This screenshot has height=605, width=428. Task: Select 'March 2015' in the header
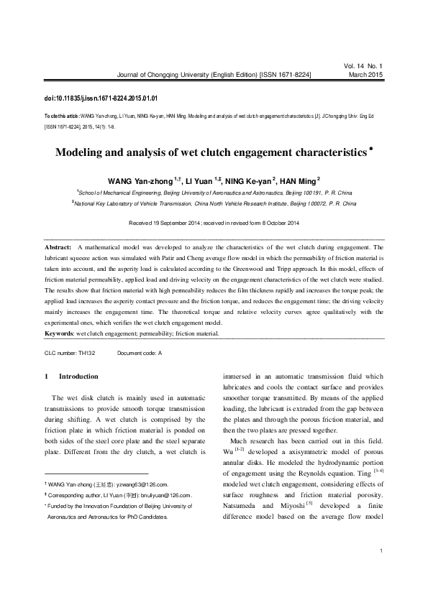pyautogui.click(x=366, y=74)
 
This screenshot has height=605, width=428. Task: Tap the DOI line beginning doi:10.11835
pyautogui.click(x=101, y=97)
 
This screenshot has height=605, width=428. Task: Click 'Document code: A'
pyautogui.click(x=140, y=354)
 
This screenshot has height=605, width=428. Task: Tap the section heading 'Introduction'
pyautogui.click(x=78, y=376)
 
